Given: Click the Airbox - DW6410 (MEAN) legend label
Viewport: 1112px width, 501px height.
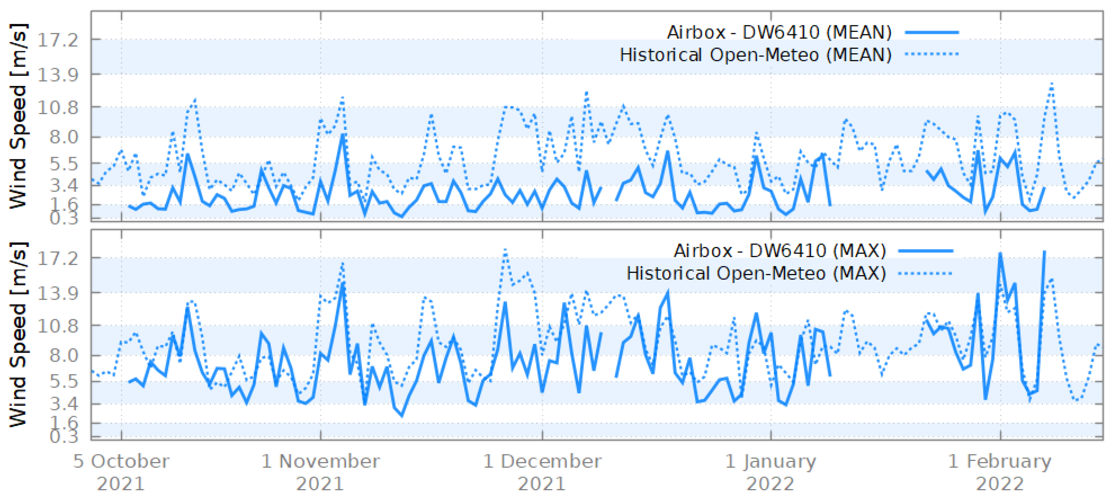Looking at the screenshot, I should tap(779, 32).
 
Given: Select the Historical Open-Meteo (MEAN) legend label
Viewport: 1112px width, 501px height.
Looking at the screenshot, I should tap(755, 55).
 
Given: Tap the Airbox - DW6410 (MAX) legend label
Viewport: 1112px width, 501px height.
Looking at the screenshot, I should tap(780, 251).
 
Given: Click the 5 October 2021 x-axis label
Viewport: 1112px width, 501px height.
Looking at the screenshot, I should tap(121, 472).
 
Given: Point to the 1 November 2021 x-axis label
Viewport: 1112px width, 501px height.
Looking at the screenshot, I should tap(320, 472).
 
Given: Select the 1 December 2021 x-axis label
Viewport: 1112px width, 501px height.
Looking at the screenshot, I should tap(542, 472).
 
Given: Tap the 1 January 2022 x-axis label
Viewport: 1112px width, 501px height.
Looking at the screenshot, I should tap(770, 472).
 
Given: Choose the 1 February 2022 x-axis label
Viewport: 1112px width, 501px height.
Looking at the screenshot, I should tap(1000, 472).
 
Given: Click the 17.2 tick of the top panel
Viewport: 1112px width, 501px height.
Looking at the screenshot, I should tap(58, 40).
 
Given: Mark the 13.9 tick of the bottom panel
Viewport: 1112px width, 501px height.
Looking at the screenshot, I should tap(58, 293).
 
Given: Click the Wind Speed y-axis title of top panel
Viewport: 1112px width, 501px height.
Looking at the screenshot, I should tap(18, 116).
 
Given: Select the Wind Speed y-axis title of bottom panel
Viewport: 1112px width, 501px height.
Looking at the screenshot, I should tap(18, 335).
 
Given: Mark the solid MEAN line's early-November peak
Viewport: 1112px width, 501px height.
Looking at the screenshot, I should tap(343, 135).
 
